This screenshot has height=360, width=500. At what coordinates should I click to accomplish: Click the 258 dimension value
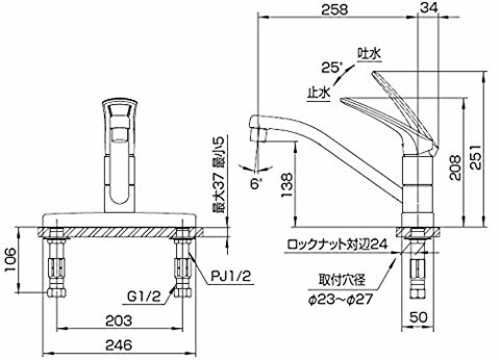(x=334, y=9)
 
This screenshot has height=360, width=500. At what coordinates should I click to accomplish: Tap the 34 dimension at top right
(x=429, y=7)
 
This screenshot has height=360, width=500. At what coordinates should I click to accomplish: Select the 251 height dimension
(x=476, y=157)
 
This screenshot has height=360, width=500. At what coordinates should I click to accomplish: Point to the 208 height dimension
(x=455, y=167)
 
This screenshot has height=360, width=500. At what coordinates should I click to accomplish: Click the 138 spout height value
(x=287, y=185)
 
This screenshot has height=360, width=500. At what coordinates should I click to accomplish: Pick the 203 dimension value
(x=119, y=321)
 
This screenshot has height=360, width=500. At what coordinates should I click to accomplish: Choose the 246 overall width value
(x=119, y=345)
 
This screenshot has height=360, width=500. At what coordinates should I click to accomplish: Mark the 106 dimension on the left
(x=9, y=260)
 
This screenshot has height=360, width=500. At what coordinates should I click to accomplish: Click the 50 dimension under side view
(x=418, y=317)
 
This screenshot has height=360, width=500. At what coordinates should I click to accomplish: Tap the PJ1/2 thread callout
(x=231, y=276)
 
